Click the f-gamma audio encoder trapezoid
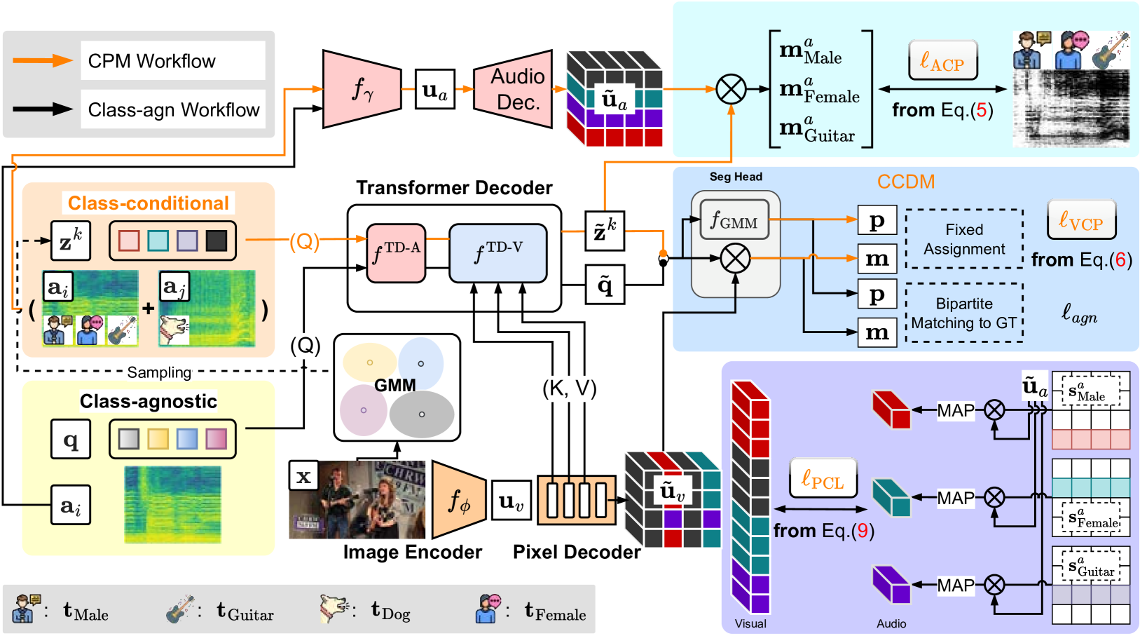362,89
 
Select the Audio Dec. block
514,89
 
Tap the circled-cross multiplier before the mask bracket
731,89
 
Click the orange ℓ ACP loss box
942,62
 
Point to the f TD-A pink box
396,253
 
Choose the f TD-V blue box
497,253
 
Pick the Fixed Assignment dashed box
964,239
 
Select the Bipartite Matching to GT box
964,313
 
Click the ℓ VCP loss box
1081,221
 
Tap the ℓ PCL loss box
823,480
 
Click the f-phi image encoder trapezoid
459,500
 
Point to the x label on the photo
303,475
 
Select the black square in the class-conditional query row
217,241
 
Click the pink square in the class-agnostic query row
217,439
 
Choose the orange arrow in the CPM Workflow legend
43,61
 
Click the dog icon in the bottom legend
333,608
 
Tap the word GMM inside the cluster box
395,385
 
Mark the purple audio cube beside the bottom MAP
891,585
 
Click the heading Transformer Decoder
454,188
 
